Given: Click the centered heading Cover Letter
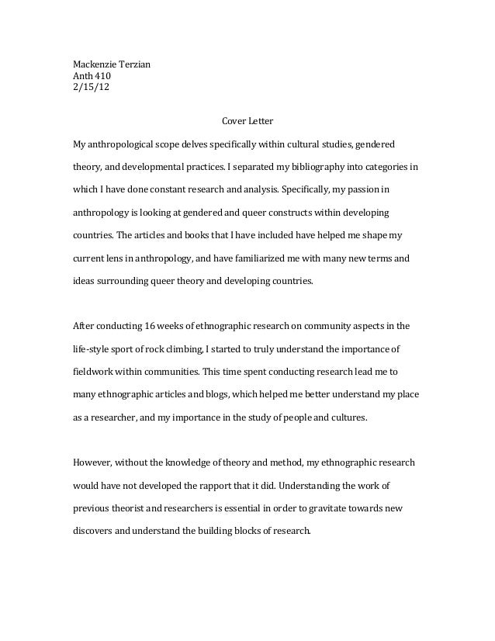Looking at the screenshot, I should (247, 121).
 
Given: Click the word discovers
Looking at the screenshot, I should (94, 532).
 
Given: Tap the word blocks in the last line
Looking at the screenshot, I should (228, 532).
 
